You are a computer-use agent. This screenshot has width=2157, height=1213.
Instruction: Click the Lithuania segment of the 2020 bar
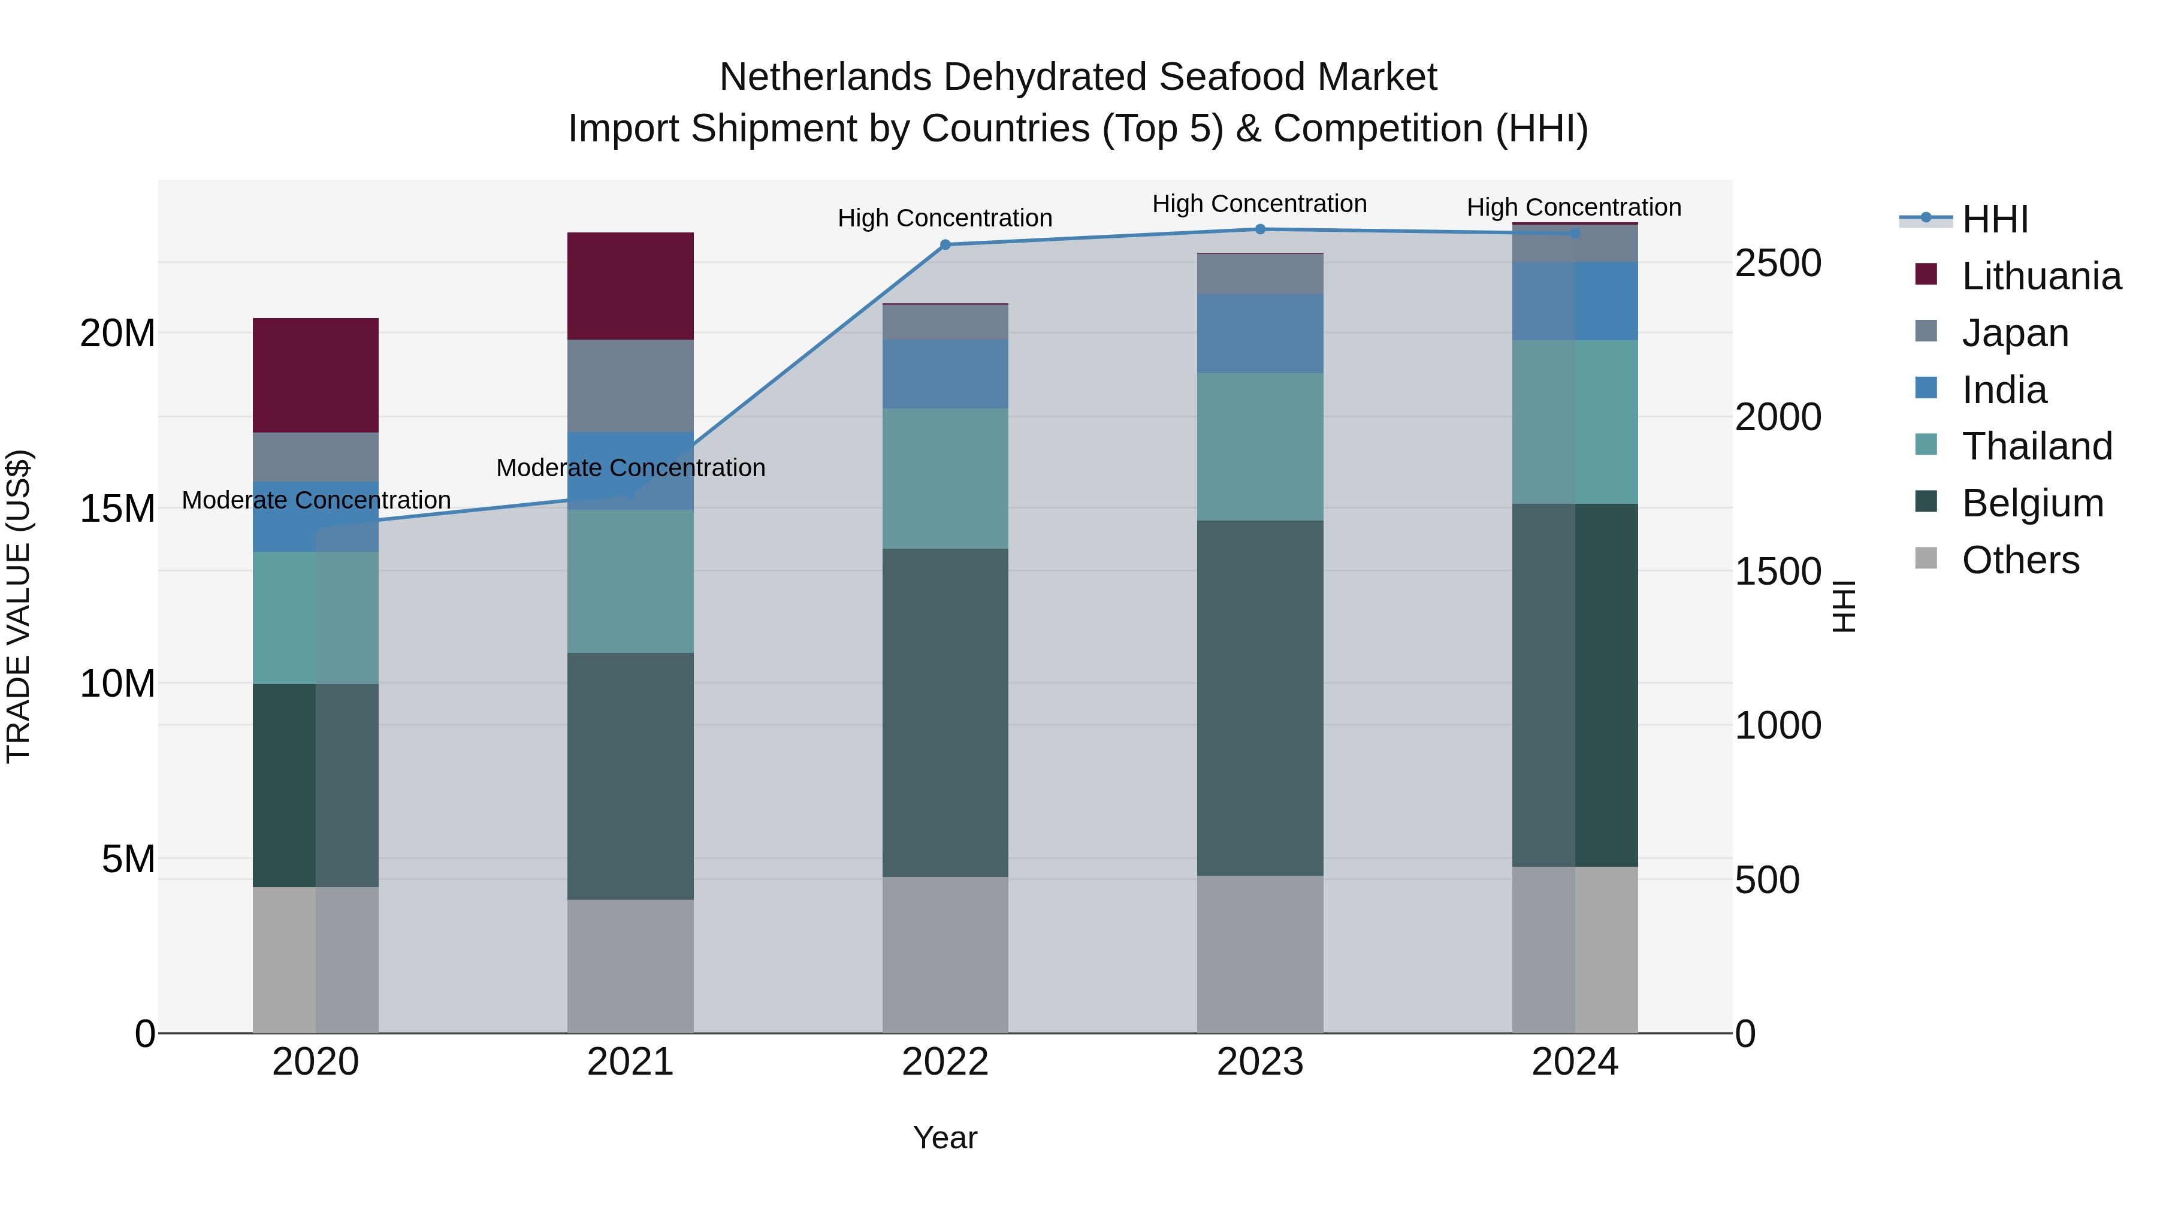316,375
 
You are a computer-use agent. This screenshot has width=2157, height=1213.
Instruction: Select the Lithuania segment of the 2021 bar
630,286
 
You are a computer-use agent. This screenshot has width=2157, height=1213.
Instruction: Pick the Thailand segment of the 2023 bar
1260,446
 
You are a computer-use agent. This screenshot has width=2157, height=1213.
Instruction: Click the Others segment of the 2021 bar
630,966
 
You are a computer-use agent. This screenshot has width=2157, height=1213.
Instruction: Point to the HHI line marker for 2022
945,244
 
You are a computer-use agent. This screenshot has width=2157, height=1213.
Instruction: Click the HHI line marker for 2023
1260,229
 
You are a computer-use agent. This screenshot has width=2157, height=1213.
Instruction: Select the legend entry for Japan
2014,333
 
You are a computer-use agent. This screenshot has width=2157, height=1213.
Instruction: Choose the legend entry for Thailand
2037,446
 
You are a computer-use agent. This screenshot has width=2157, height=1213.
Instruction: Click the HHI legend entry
1995,219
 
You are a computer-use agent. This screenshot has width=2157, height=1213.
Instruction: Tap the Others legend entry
2020,560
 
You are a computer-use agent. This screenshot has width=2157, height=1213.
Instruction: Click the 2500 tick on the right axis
1778,263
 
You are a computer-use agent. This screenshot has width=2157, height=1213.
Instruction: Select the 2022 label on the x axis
945,1062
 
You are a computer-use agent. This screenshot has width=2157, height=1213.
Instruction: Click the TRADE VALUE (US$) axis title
19,606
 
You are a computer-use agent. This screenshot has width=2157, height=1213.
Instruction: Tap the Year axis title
945,1138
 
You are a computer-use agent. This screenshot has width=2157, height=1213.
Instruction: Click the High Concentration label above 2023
1259,204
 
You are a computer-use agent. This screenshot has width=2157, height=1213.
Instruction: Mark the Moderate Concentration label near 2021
630,468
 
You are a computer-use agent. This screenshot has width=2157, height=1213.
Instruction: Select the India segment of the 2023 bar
1260,333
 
